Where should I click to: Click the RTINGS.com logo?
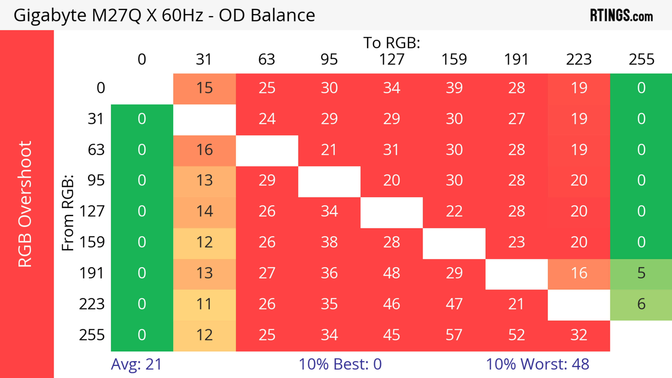click(x=621, y=15)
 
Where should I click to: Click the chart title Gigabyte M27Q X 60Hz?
click(x=164, y=15)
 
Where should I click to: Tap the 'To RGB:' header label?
click(x=392, y=43)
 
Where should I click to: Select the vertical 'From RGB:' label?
click(x=68, y=213)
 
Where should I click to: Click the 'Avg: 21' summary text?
click(x=136, y=364)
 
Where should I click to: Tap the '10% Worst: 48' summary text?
click(x=537, y=364)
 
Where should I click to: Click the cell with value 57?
click(x=454, y=335)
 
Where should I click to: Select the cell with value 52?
click(x=517, y=335)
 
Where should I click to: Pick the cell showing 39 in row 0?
click(x=454, y=88)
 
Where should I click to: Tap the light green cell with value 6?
click(x=641, y=304)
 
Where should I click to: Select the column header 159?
click(x=454, y=59)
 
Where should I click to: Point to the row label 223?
click(x=92, y=304)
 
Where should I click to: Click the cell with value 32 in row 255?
click(x=579, y=335)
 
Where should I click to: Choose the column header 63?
click(x=267, y=59)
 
